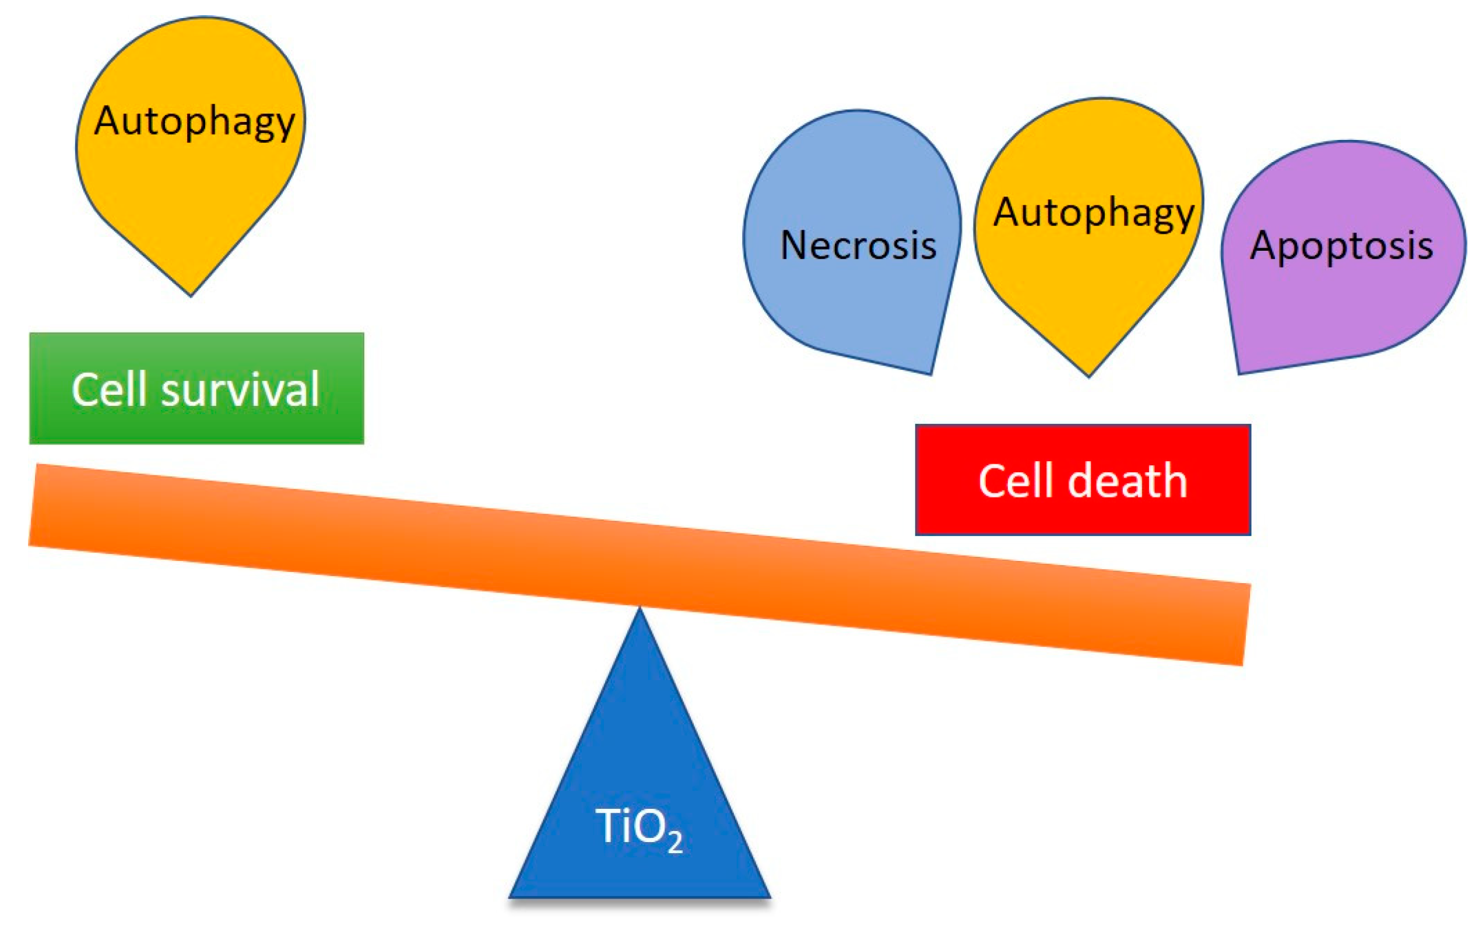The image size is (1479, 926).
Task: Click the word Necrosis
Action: point(858,245)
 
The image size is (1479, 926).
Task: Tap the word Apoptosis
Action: point(1341,245)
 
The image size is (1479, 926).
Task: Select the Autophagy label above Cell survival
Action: point(195,121)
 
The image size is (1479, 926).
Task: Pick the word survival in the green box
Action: point(240,389)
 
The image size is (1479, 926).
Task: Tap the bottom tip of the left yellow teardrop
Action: point(191,294)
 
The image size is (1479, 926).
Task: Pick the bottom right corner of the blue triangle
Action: point(769,897)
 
